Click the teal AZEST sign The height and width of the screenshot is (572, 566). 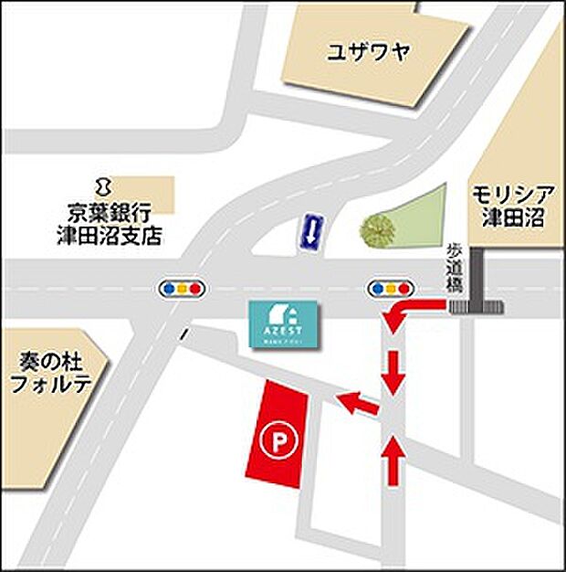[x=283, y=323]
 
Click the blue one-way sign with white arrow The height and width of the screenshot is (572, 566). [x=312, y=232]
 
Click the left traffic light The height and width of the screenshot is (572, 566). [x=183, y=289]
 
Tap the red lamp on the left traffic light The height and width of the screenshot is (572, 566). [x=196, y=289]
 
